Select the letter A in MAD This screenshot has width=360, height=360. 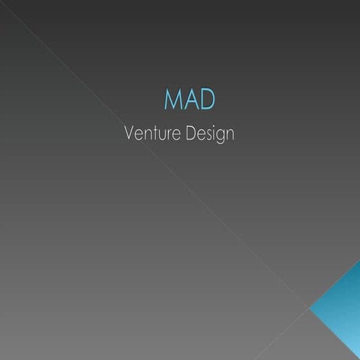point(192,100)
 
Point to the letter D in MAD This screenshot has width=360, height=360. point(208,100)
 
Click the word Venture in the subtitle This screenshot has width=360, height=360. point(150,134)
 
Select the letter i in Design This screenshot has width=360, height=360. point(213,134)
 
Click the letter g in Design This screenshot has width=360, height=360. point(220,136)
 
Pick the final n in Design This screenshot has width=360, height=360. point(229,135)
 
